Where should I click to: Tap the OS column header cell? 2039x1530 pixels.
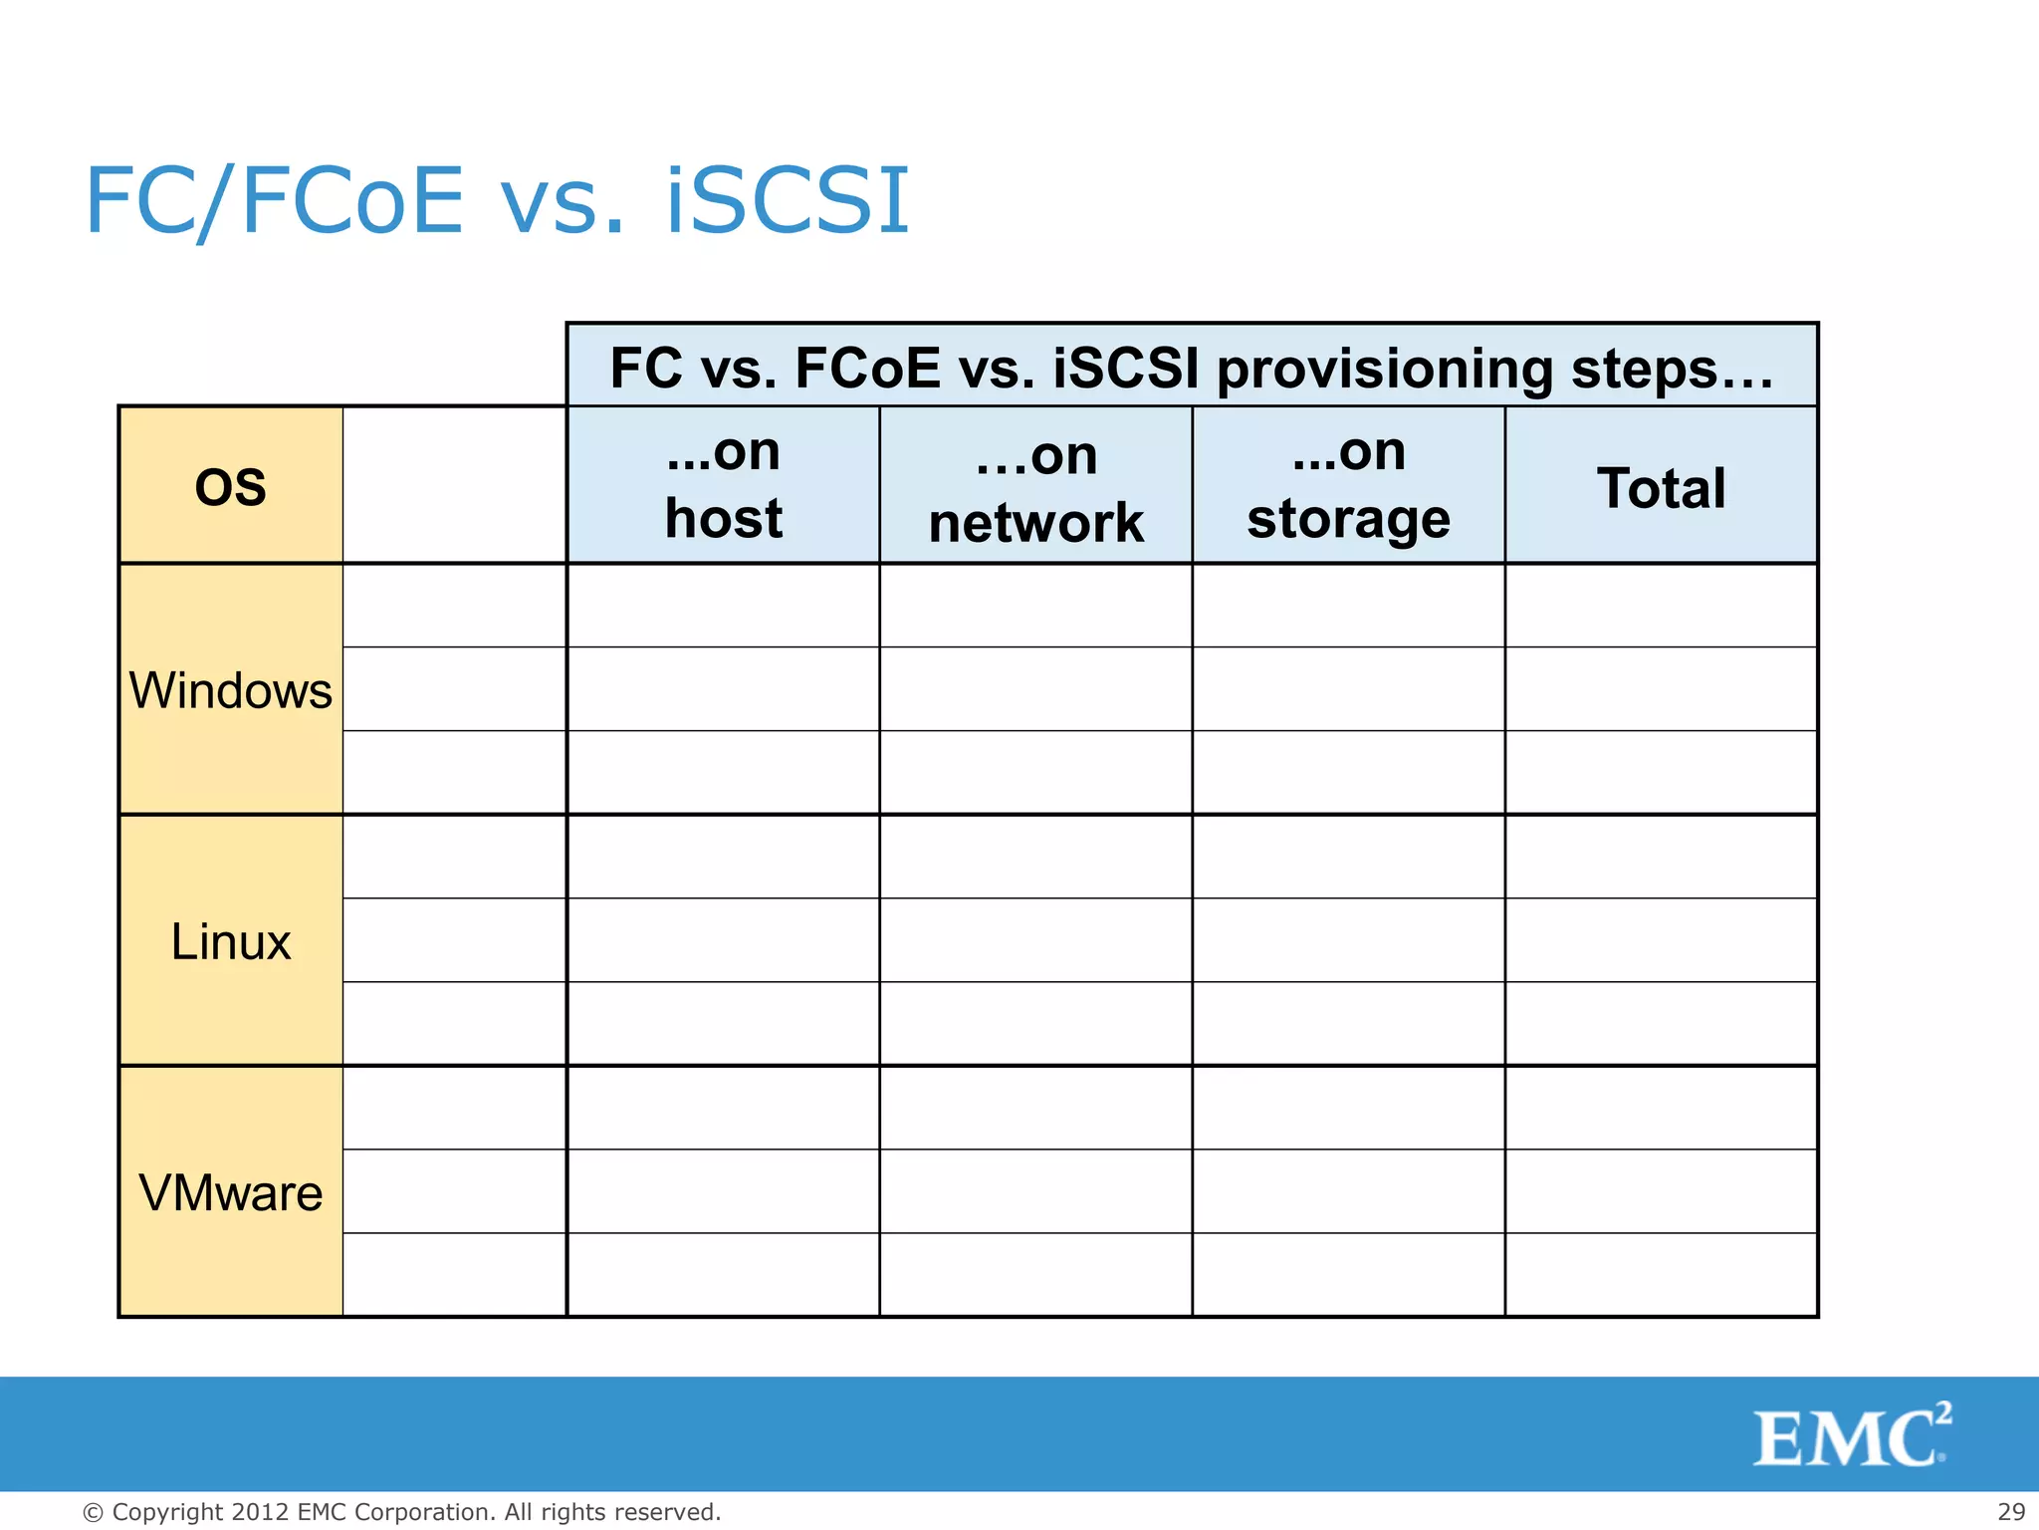coord(230,486)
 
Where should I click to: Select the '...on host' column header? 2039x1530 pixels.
coord(723,485)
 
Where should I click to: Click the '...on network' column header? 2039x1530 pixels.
coord(1035,488)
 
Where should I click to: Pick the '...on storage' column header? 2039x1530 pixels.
coord(1348,485)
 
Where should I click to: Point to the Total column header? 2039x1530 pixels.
coord(1661,488)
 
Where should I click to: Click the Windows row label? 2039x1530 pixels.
coord(230,690)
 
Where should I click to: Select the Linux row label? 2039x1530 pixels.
coord(230,941)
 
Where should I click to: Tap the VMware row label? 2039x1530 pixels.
coord(230,1192)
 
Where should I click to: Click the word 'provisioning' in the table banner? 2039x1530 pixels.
coord(1386,369)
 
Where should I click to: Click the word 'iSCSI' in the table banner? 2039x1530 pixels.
coord(1125,368)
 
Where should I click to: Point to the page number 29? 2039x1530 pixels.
coord(2011,1511)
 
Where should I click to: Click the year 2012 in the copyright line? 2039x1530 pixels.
coord(260,1512)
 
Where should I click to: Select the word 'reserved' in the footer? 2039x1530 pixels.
coord(665,1512)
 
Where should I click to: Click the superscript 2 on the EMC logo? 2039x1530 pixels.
coord(1942,1413)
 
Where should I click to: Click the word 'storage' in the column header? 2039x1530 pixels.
coord(1348,519)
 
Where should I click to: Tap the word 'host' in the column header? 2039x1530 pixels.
coord(723,519)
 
